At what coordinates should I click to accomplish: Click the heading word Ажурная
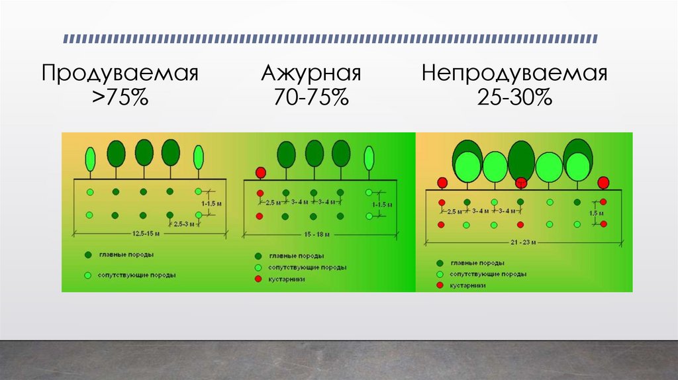pos(311,72)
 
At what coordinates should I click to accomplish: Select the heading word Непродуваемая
pos(514,72)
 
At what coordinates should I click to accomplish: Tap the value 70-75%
pos(311,99)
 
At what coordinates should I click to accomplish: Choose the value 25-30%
pos(514,99)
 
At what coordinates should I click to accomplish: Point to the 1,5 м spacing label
pos(597,213)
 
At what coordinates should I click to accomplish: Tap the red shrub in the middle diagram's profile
pos(261,173)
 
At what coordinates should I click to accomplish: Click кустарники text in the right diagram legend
pos(467,285)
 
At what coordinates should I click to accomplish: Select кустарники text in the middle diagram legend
pos(286,280)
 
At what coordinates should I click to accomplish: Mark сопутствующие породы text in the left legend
pos(136,275)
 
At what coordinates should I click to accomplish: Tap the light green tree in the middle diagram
pos(369,159)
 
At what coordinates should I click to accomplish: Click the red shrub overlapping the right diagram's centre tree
pos(522,183)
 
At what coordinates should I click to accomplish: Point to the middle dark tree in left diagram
pos(144,152)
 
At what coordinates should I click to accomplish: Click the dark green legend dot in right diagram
pos(439,262)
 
